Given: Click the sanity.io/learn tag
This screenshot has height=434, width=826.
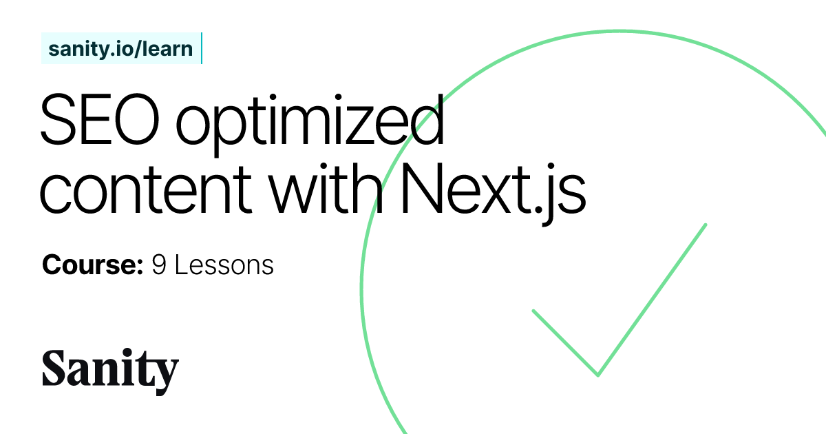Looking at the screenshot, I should (x=120, y=49).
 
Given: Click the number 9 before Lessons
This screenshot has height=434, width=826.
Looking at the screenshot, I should (x=159, y=265).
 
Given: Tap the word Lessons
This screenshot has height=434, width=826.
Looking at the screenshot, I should (x=224, y=265).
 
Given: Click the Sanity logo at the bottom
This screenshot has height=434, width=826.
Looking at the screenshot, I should (x=110, y=372).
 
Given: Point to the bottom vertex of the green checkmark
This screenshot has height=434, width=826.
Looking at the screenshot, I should (x=597, y=375).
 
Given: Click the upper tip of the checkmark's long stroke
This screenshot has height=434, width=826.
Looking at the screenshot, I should (x=706, y=225).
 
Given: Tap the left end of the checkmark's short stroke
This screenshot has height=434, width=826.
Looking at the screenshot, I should (x=533, y=311).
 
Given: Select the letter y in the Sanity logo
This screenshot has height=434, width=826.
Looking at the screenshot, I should (x=165, y=375).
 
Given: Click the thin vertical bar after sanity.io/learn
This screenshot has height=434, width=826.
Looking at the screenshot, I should (x=201, y=49).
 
